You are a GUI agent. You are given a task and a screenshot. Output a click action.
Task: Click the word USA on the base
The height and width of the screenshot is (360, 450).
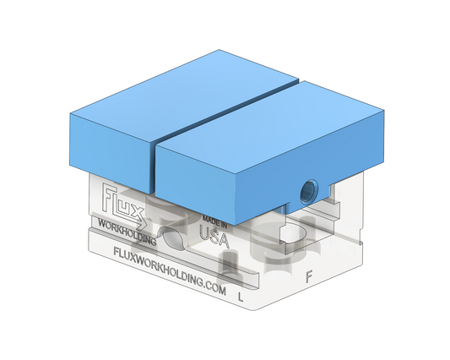tap(214, 237)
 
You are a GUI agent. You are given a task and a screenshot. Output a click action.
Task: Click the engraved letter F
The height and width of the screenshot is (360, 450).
tap(309, 276)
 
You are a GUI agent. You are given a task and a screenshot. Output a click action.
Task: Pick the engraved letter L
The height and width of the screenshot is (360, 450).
tap(241, 297)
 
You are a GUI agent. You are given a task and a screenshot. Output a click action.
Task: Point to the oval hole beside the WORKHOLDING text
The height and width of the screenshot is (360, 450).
tap(174, 239)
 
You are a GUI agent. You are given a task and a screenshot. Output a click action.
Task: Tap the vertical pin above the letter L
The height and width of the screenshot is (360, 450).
tap(230, 270)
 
